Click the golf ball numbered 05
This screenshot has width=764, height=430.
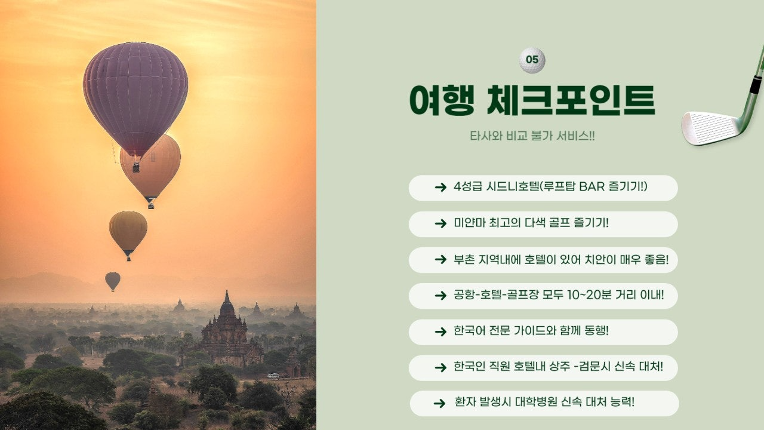pyautogui.click(x=532, y=60)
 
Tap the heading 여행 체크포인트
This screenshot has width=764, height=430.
pyautogui.click(x=532, y=100)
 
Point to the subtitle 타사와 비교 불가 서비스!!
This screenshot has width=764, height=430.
pyautogui.click(x=532, y=136)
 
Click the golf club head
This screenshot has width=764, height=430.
pyautogui.click(x=710, y=127)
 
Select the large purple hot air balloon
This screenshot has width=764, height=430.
pyautogui.click(x=135, y=96)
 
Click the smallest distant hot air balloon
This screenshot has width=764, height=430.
pyautogui.click(x=112, y=281)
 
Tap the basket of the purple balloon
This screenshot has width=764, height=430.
pyautogui.click(x=136, y=167)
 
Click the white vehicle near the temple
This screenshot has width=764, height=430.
pyautogui.click(x=273, y=376)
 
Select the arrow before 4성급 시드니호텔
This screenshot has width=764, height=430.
pyautogui.click(x=440, y=188)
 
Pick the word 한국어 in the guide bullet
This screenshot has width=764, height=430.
pyautogui.click(x=469, y=331)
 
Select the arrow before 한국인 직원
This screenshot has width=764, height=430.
pyautogui.click(x=440, y=367)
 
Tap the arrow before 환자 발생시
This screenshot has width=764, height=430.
pyautogui.click(x=439, y=403)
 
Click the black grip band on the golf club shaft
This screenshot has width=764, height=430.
pyautogui.click(x=755, y=86)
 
